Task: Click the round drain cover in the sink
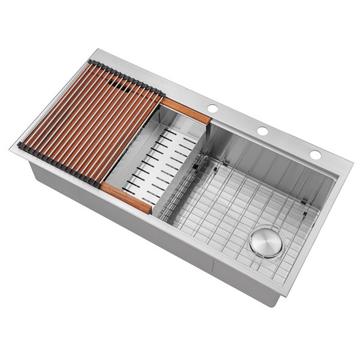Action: point(266,241)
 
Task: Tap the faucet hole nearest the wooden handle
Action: point(212,108)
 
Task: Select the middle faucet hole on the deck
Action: point(262,131)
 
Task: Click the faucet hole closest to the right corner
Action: point(315,155)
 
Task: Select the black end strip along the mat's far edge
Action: point(126,77)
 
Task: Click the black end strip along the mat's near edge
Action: point(57,162)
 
